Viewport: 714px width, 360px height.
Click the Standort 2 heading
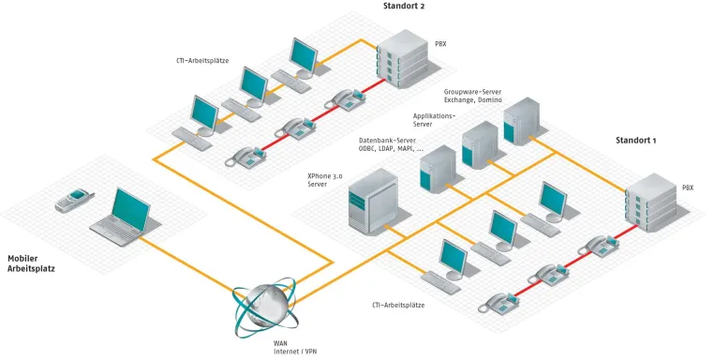pos(404,6)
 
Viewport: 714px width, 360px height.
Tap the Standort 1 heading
pos(635,141)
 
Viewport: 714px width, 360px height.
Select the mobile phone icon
pos(74,201)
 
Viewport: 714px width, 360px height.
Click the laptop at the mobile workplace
pos(121,217)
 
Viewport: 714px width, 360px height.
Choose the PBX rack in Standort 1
pos(651,203)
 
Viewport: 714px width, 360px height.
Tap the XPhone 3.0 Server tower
pos(373,201)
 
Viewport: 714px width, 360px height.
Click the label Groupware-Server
pos(472,92)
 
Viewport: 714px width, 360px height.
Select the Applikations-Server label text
pos(434,120)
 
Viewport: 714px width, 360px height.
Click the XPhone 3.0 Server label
pos(324,180)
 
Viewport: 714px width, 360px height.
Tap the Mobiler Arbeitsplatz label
pos(31,263)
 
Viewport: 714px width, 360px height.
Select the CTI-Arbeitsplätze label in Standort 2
pos(202,60)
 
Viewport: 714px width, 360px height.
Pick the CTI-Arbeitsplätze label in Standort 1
pos(398,305)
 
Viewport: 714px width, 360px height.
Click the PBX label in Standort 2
pos(440,44)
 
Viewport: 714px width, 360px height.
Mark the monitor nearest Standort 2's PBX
pos(305,57)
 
